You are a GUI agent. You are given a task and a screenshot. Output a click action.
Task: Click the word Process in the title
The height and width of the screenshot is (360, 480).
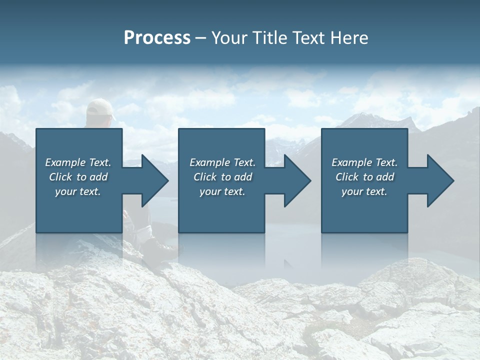pyautogui.click(x=157, y=38)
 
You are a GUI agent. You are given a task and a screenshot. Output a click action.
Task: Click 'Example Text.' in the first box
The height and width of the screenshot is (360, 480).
pyautogui.click(x=78, y=162)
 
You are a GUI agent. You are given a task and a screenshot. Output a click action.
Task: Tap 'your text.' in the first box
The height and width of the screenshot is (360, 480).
pyautogui.click(x=78, y=191)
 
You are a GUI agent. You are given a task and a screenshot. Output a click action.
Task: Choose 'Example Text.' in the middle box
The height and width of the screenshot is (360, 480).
pyautogui.click(x=222, y=162)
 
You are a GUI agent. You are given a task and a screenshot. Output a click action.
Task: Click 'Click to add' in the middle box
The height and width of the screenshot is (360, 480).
pyautogui.click(x=222, y=177)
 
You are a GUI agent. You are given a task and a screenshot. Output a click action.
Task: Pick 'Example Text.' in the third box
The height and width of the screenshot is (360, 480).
pyautogui.click(x=364, y=162)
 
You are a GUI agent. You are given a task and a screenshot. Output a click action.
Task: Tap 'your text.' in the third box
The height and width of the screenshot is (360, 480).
pyautogui.click(x=364, y=191)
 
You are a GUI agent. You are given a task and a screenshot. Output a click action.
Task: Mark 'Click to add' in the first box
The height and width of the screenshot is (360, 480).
pyautogui.click(x=78, y=177)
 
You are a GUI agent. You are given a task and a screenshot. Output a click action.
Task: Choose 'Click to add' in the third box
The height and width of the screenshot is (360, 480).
pyautogui.click(x=364, y=177)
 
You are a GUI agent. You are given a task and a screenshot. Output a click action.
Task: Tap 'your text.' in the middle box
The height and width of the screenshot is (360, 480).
pyautogui.click(x=222, y=191)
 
